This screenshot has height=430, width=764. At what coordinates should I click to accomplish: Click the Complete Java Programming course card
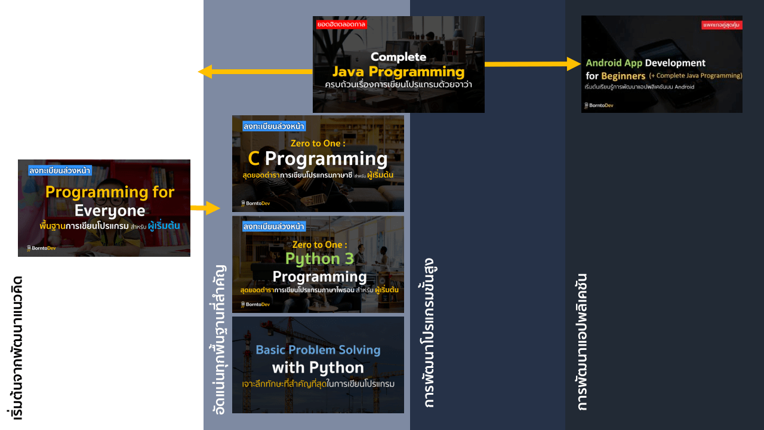[398, 64]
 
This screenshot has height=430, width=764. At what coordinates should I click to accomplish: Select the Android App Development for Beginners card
[661, 64]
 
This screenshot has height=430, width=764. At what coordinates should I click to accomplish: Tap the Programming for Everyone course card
[104, 208]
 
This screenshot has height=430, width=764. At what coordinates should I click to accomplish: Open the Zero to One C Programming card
[318, 164]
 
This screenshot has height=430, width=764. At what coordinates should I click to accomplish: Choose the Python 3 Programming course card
[318, 265]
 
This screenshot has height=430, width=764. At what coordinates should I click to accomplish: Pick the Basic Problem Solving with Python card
[318, 365]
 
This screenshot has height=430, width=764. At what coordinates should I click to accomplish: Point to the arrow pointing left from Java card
[255, 72]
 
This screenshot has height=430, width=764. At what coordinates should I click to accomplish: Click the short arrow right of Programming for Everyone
[205, 208]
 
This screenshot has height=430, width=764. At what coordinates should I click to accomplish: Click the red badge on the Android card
[722, 25]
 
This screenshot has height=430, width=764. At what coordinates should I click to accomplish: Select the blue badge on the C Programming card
[274, 126]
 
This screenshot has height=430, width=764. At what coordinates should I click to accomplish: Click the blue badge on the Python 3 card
[274, 226]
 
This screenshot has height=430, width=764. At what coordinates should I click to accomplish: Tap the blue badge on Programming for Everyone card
[60, 170]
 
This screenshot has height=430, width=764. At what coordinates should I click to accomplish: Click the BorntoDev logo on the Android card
[599, 106]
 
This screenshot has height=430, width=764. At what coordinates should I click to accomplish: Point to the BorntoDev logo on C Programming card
[254, 204]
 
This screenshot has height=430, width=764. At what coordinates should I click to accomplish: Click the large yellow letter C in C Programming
[253, 159]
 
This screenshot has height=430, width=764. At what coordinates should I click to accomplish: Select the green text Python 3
[319, 259]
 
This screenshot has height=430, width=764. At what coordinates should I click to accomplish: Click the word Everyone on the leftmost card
[110, 211]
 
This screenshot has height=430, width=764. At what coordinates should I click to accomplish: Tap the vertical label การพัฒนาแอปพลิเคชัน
[583, 342]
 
